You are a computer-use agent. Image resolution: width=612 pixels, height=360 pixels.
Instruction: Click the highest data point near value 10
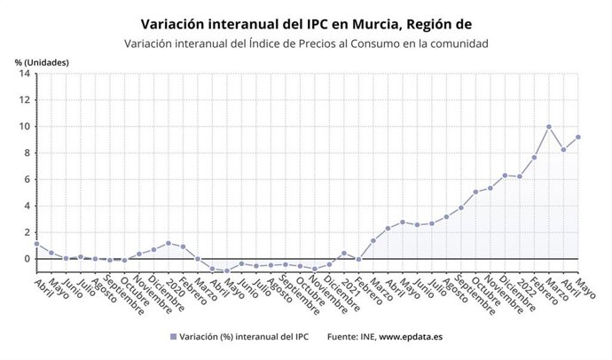pos(549,127)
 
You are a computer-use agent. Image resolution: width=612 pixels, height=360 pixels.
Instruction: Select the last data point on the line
pos(578,137)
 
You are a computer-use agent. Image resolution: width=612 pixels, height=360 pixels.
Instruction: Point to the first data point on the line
pos(36,244)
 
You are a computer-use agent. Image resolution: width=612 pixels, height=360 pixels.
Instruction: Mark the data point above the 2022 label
pos(520,176)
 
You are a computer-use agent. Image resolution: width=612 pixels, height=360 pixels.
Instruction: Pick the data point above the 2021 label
pos(344,254)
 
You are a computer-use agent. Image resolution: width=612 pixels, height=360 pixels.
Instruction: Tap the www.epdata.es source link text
pos(413,337)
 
